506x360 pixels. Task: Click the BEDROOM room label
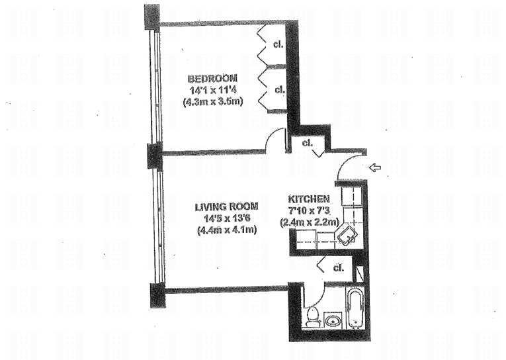click(x=212, y=78)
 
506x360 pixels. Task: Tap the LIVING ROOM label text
click(x=226, y=206)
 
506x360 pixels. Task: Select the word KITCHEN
click(x=309, y=199)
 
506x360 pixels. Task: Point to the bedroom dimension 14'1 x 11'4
click(x=212, y=90)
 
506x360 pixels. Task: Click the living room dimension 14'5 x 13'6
click(x=226, y=218)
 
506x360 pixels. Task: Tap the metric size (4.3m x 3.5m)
click(x=212, y=102)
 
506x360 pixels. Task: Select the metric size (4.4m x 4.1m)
click(x=226, y=230)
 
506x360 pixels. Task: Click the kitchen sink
click(x=347, y=233)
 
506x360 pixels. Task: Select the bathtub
click(x=355, y=308)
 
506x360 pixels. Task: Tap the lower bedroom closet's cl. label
click(x=278, y=89)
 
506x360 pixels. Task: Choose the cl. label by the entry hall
click(x=307, y=142)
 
